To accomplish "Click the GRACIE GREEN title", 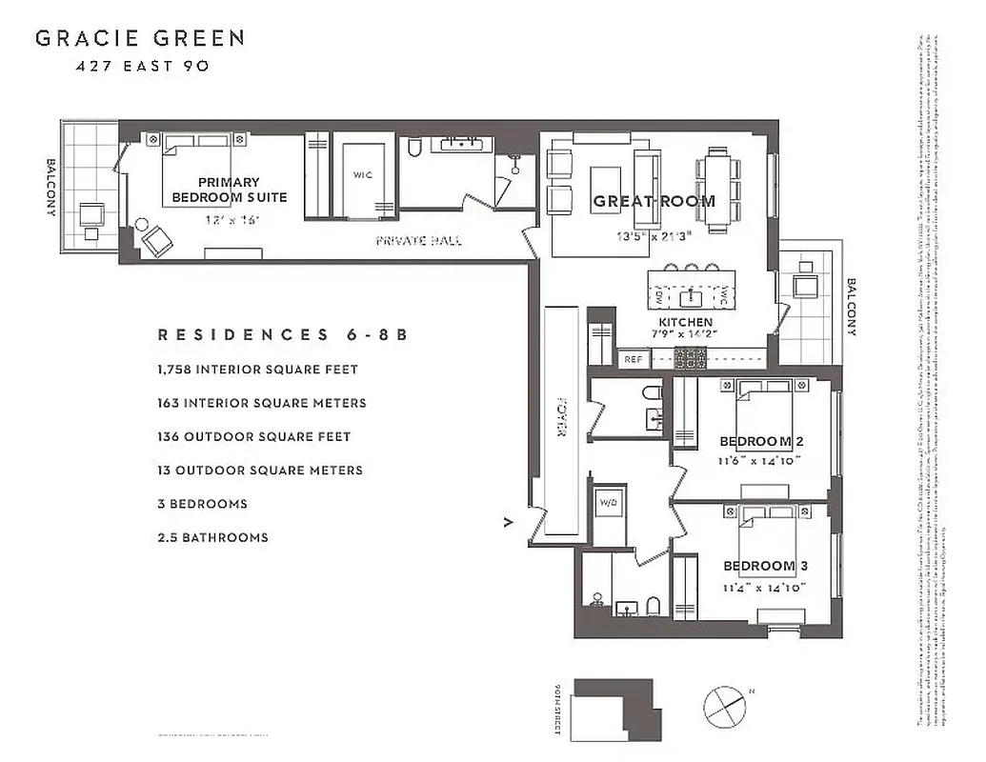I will tap(140, 39).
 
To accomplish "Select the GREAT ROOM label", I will tap(654, 201).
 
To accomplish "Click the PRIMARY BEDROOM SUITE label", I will tap(229, 190).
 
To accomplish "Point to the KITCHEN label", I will tap(685, 323).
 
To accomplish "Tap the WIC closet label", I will tap(362, 175).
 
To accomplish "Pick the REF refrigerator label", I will tap(633, 359).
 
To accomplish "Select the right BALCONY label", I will tap(851, 307).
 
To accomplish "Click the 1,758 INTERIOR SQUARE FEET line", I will tap(257, 369).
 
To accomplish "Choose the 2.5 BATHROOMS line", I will tap(212, 537).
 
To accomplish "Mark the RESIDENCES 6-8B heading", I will tap(282, 335).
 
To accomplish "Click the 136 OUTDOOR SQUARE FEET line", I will tap(254, 436).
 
